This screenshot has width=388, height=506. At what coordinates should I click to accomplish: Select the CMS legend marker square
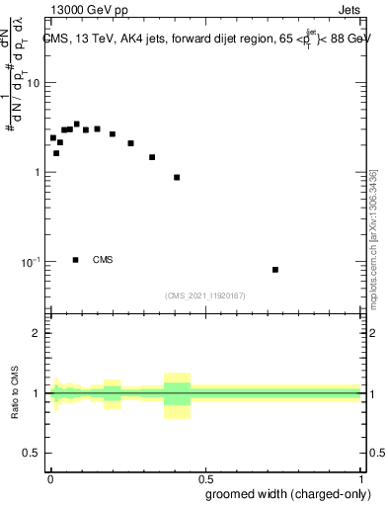click(76, 260)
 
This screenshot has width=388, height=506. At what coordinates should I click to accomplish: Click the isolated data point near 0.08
click(275, 270)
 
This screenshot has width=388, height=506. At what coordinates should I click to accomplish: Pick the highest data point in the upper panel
click(76, 125)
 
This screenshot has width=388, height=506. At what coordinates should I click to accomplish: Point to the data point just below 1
click(177, 178)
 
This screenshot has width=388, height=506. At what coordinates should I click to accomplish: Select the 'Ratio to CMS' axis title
click(15, 394)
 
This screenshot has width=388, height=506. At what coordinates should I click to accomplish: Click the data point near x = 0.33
click(152, 157)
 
